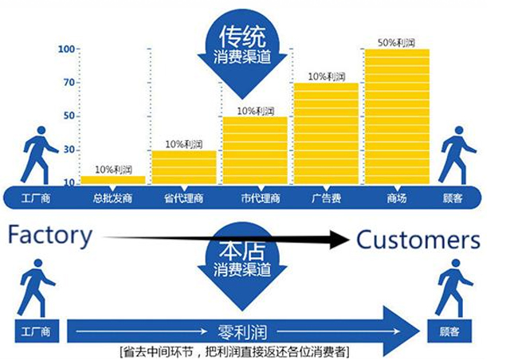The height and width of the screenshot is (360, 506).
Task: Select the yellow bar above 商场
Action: [x=397, y=115]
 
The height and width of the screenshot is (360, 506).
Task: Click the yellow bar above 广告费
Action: [x=325, y=132]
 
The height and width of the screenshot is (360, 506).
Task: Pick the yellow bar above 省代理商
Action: [x=183, y=166]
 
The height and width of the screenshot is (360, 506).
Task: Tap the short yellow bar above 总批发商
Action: [x=112, y=179]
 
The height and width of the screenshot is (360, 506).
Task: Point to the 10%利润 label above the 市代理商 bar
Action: [x=255, y=110]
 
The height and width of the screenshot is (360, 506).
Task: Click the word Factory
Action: [x=50, y=236]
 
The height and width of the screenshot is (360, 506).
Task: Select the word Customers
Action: [x=418, y=239]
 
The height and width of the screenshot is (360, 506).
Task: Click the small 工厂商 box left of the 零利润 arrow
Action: [x=34, y=329]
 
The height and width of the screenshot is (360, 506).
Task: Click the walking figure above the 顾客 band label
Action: [x=456, y=155]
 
